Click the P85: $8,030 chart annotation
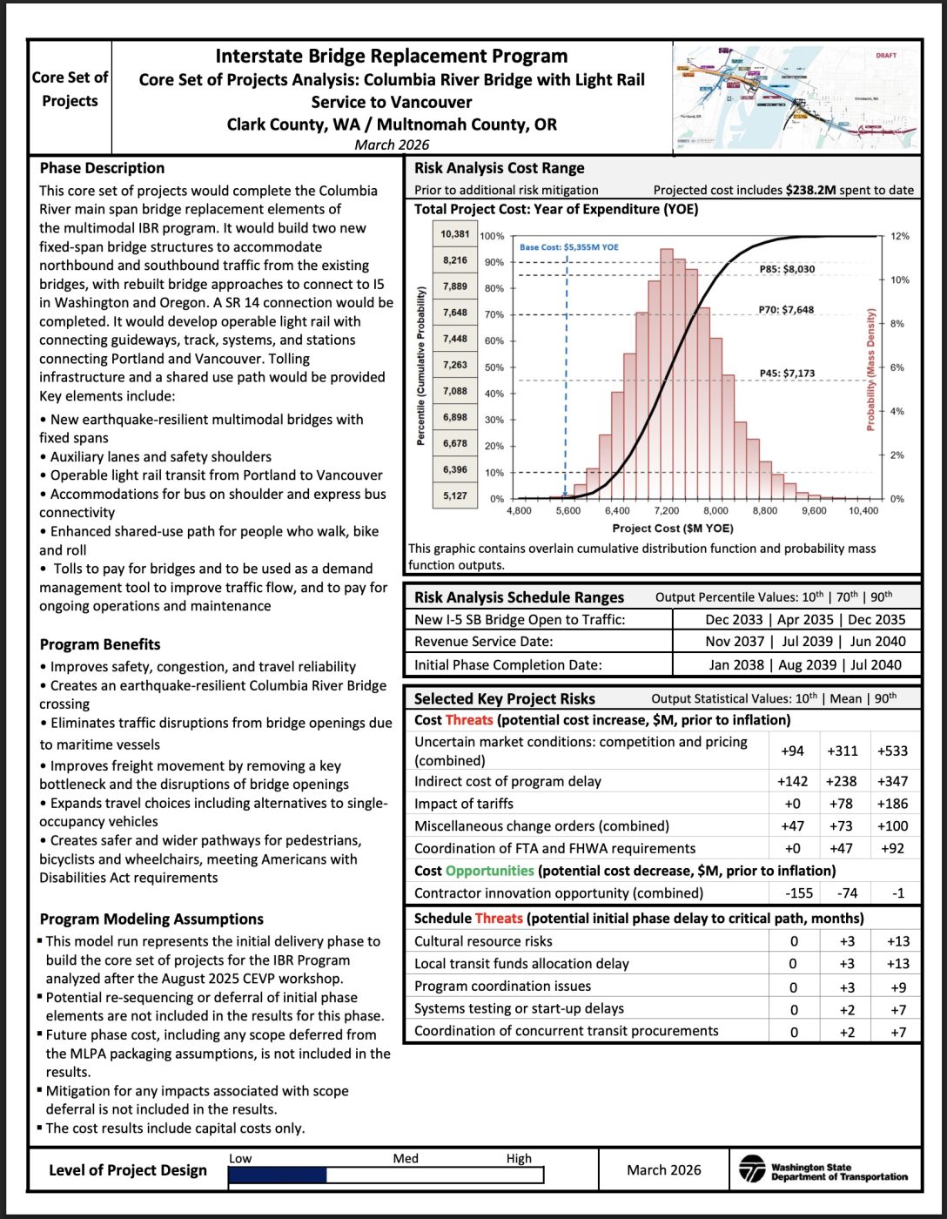click(787, 269)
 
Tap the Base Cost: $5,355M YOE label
click(569, 247)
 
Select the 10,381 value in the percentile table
click(454, 234)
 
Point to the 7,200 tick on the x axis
click(667, 511)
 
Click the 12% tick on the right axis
click(899, 237)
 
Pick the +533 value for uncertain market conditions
click(892, 751)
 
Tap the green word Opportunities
click(489, 871)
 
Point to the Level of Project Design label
click(128, 1170)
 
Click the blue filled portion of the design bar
click(278, 1175)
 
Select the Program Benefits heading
click(100, 644)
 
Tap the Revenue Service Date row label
click(483, 642)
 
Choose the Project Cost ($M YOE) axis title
click(672, 529)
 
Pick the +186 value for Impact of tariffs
click(892, 804)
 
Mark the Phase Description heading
click(102, 168)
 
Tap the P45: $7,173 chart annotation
click(787, 374)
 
